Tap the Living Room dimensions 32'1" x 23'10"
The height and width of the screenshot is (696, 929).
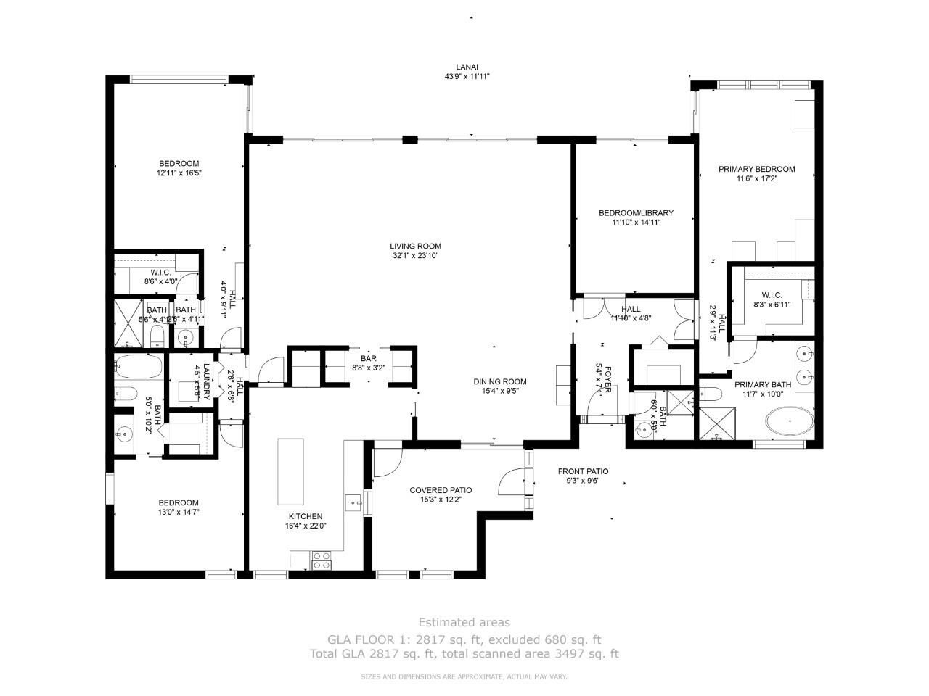pyautogui.click(x=415, y=255)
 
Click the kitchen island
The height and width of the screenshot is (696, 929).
pyautogui.click(x=291, y=471)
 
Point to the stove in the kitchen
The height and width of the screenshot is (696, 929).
pyautogui.click(x=322, y=560)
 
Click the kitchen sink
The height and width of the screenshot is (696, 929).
pyautogui.click(x=354, y=502)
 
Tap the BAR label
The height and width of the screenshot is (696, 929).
pyautogui.click(x=369, y=358)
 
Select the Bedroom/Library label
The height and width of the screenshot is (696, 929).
pyautogui.click(x=636, y=213)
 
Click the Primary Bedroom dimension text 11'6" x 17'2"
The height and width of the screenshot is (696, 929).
pyautogui.click(x=756, y=178)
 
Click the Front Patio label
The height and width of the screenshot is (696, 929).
pyautogui.click(x=583, y=471)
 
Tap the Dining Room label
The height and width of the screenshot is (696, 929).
pyautogui.click(x=500, y=381)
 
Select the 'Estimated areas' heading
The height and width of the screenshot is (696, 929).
pyautogui.click(x=464, y=622)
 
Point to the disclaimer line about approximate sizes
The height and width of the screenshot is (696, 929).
pyautogui.click(x=464, y=676)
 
